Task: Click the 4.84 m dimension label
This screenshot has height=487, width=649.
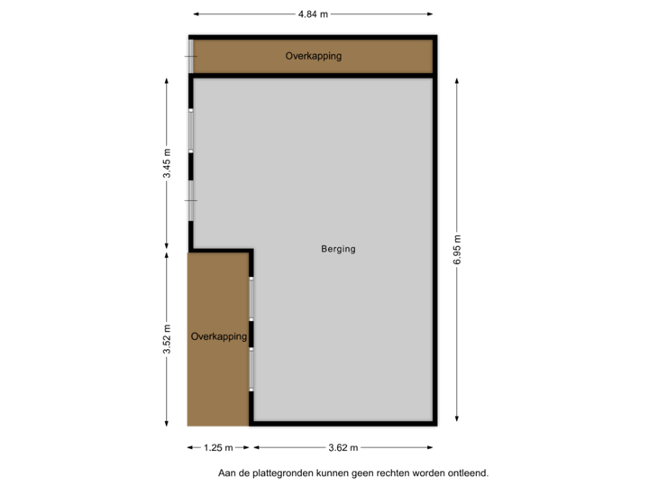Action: [313, 14]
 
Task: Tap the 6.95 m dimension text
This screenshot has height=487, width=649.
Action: [457, 246]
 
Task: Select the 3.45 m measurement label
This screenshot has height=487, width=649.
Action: [167, 164]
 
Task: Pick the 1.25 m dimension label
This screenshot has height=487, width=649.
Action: [218, 447]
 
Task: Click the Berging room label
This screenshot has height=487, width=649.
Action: [338, 249]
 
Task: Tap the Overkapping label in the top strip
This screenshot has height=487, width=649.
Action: [313, 56]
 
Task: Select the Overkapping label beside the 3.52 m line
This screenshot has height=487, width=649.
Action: [218, 336]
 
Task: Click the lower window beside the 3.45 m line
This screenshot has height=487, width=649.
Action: [191, 199]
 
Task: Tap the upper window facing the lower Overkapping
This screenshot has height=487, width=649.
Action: [251, 298]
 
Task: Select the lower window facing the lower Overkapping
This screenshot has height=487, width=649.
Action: [251, 369]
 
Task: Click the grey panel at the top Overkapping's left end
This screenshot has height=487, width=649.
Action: [191, 56]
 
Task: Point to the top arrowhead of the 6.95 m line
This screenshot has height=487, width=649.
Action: [457, 75]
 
